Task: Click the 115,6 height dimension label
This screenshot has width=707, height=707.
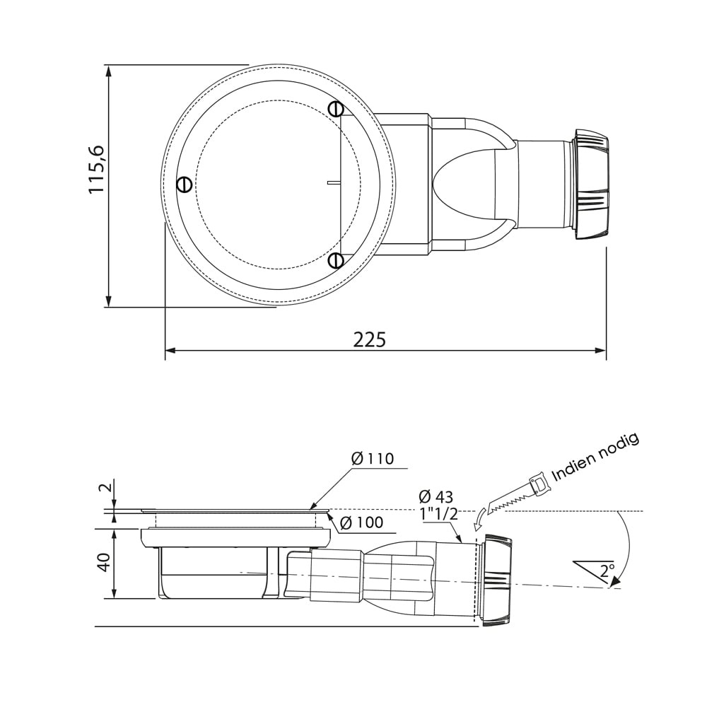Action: [97, 170]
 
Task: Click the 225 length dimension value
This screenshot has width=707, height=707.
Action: [370, 340]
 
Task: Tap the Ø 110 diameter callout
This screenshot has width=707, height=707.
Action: [373, 459]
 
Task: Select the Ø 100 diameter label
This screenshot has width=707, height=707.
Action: [361, 523]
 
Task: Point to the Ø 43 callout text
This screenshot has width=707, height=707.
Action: [436, 497]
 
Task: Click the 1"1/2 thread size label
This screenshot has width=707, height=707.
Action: [438, 514]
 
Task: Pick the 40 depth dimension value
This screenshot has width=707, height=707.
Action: [103, 563]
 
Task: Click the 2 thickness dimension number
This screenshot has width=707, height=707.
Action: [104, 488]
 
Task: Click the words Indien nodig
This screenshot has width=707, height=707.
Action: [595, 457]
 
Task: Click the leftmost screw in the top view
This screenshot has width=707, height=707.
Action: [184, 185]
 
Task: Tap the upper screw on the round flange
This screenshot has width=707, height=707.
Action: [336, 109]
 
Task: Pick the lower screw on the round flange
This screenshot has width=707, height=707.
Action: [336, 261]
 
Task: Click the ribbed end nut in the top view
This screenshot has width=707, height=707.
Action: [591, 184]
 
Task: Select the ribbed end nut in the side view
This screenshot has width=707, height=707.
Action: [496, 580]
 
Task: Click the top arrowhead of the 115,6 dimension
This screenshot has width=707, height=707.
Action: [109, 71]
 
